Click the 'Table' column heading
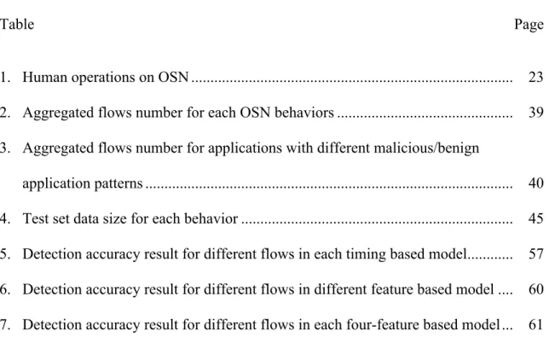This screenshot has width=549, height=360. coord(17,24)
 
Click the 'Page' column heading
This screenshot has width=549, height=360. coord(529,26)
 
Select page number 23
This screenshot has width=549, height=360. coord(535,77)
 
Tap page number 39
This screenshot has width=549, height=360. coord(535,112)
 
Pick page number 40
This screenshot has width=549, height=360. coord(535,183)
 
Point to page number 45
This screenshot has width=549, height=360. coord(535,218)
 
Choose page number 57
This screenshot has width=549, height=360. coord(535,253)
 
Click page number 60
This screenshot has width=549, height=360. coord(535,289)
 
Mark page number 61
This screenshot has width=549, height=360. coord(535,324)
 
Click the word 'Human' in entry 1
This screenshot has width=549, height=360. coord(45,77)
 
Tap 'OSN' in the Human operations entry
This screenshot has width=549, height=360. coord(174,77)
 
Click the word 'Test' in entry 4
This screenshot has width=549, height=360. coord(35,218)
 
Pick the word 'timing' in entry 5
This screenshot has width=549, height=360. coord(366,254)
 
